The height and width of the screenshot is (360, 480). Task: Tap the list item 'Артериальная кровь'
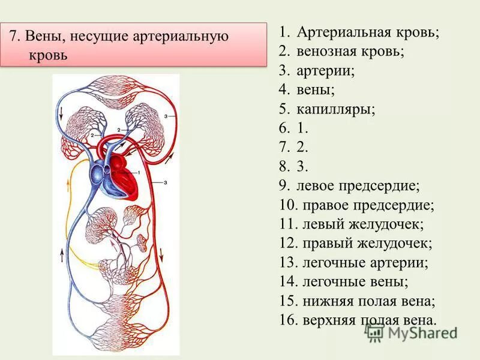(367, 32)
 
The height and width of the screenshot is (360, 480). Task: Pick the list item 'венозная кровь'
(350, 51)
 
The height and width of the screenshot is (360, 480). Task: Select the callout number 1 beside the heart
(139, 173)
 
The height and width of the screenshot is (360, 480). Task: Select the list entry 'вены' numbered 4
(316, 89)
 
